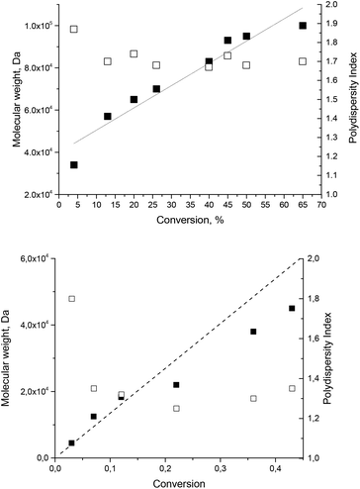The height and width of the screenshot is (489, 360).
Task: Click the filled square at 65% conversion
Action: pyautogui.click(x=303, y=26)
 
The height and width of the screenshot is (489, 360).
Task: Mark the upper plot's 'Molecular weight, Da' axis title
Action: pyautogui.click(x=9, y=99)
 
